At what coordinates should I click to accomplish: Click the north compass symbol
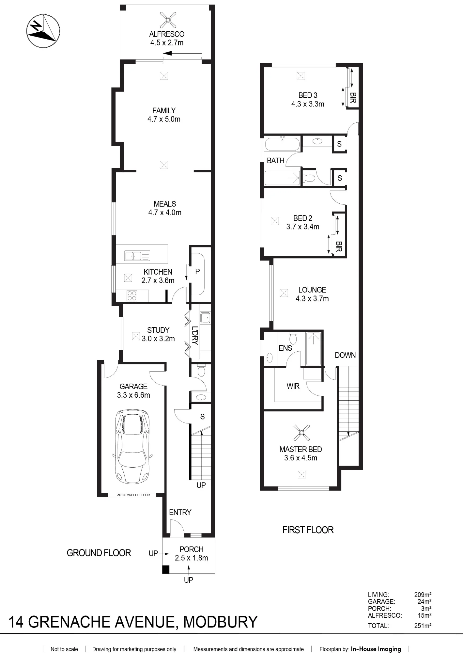(43, 31)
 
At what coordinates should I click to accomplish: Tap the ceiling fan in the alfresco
(168, 20)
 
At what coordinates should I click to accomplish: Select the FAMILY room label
(164, 111)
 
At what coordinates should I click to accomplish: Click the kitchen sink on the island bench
(137, 256)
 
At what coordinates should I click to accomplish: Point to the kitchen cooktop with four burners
(132, 295)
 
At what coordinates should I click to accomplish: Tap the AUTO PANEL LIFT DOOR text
(133, 495)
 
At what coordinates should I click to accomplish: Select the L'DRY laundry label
(195, 335)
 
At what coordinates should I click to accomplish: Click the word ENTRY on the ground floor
(180, 512)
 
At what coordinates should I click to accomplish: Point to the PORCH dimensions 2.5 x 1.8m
(192, 558)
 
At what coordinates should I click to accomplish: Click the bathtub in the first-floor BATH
(282, 144)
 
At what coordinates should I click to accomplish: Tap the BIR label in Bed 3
(353, 98)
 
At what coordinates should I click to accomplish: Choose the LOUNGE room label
(312, 290)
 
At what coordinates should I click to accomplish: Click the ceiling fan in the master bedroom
(301, 433)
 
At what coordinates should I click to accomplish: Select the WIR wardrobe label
(293, 386)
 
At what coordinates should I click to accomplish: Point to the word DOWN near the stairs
(345, 355)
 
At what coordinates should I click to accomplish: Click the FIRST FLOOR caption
(308, 530)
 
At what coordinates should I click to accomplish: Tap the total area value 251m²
(423, 626)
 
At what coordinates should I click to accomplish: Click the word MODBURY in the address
(220, 622)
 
